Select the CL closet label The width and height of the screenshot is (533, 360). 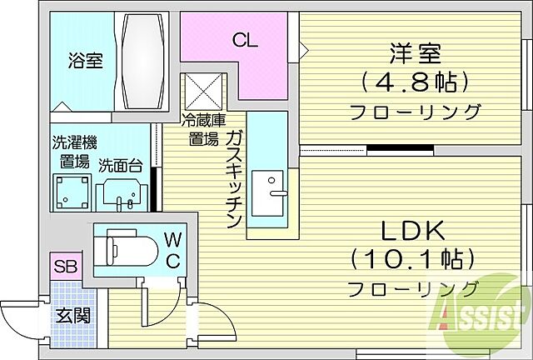pyautogui.click(x=246, y=39)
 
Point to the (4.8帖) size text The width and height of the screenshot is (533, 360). pyautogui.click(x=414, y=81)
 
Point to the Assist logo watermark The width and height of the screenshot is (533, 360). pyautogui.click(x=477, y=316)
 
